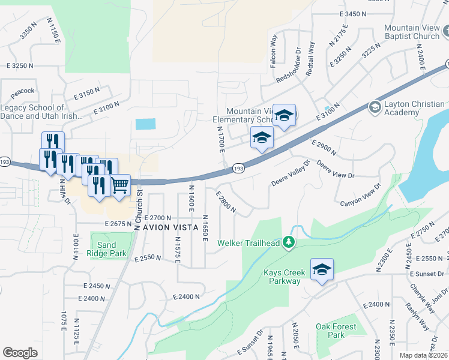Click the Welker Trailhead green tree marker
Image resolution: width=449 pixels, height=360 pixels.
tap(289, 242)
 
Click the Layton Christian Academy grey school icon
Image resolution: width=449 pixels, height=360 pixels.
tap(375, 107)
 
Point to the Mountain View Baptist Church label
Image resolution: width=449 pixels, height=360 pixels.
tap(412, 32)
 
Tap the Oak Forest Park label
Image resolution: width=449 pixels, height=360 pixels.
tap(336, 331)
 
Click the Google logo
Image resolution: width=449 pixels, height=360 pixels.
tap(20, 353)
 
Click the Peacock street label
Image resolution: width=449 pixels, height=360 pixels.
tap(23, 91)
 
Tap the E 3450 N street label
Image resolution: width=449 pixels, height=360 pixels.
tap(352, 14)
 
